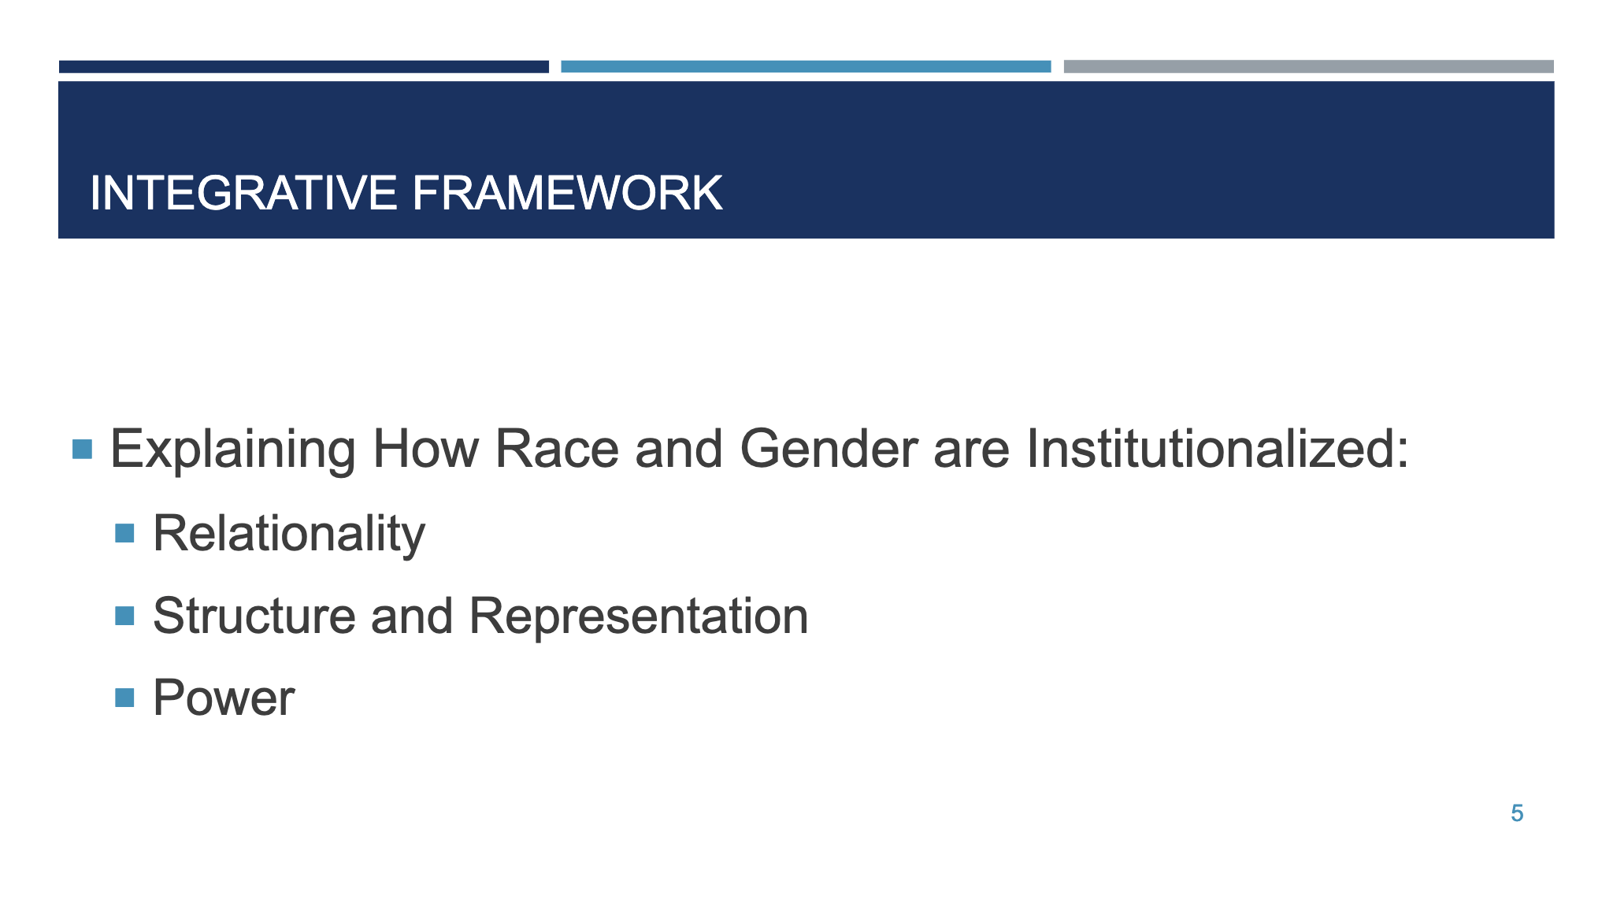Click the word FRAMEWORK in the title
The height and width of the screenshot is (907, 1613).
coord(567,193)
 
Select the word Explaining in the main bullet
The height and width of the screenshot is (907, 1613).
coord(233,450)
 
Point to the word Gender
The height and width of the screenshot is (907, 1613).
coord(828,450)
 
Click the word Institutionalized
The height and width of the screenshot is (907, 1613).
coord(1217,450)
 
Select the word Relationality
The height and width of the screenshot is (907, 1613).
coord(289,534)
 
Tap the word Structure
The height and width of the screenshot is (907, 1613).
coord(254,616)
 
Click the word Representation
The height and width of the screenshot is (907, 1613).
coord(639,616)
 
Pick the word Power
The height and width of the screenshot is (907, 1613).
coord(224,698)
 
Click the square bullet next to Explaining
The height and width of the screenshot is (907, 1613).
coord(82,450)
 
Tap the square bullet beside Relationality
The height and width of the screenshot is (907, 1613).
coord(124,534)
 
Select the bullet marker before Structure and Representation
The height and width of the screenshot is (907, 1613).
coord(124,616)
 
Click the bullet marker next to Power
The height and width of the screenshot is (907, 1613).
coord(124,698)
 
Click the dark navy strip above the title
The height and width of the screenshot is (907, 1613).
coord(303,67)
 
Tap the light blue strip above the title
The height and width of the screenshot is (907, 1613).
coord(806,67)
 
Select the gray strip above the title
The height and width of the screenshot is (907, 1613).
coord(1308,67)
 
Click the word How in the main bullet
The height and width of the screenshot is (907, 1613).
coord(425,450)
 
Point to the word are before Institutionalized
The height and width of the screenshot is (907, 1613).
coord(971,450)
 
